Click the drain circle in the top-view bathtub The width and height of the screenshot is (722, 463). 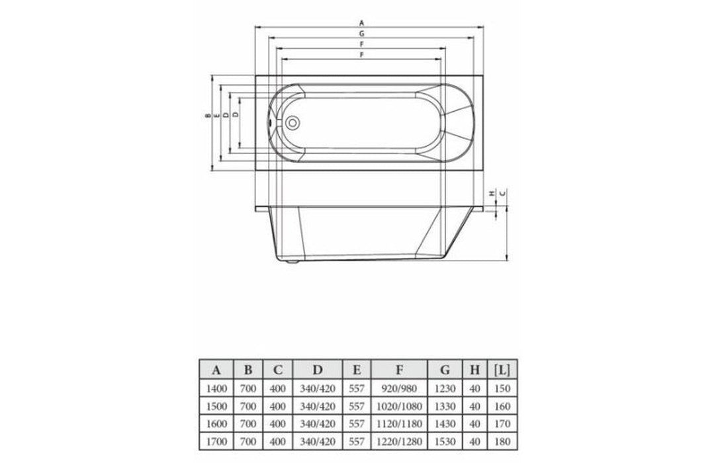tap(293, 122)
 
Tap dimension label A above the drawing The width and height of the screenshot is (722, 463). tap(361, 22)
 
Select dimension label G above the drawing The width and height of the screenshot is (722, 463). tap(361, 32)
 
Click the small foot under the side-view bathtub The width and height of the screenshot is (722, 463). tap(293, 261)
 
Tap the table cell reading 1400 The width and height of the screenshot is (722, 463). tap(215, 388)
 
